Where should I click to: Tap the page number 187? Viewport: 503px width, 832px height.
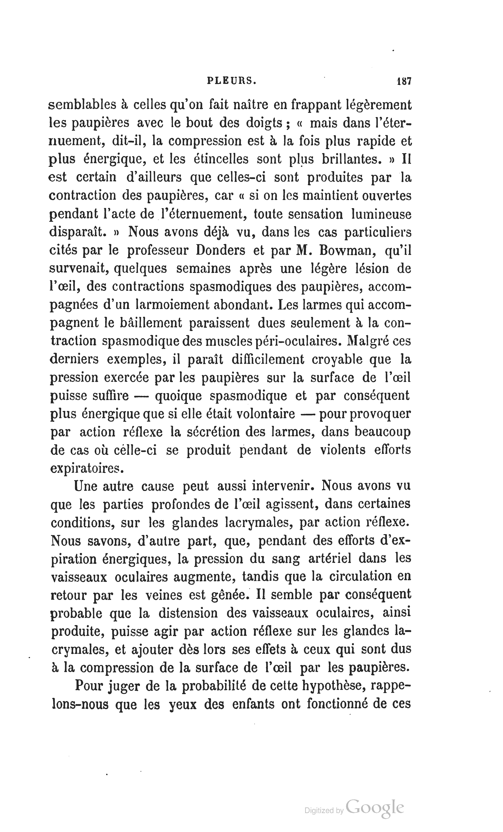404,81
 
